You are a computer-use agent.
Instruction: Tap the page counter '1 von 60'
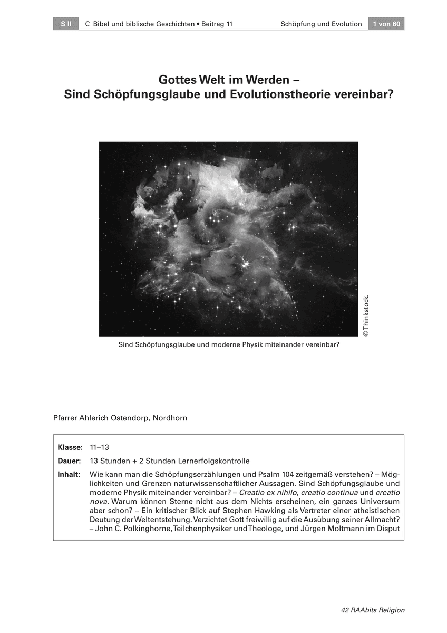tap(386, 24)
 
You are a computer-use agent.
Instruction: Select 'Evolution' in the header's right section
tap(346, 24)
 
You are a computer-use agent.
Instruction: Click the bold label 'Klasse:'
tap(70, 447)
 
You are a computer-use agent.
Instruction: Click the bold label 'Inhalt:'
tap(69, 475)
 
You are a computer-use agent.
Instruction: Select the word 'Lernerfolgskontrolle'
tap(214, 461)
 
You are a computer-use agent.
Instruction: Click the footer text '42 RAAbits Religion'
tap(373, 610)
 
